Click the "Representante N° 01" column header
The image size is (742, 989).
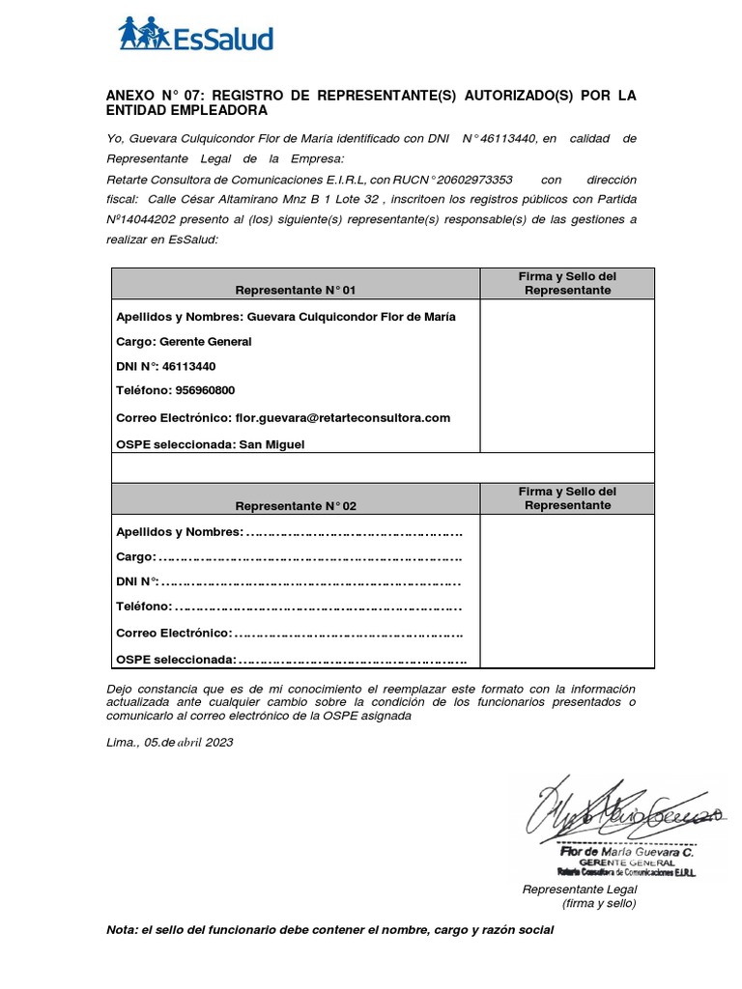296,290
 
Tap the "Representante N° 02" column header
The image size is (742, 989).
296,506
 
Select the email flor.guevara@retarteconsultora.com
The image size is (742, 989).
342,417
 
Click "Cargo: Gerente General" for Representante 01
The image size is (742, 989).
184,342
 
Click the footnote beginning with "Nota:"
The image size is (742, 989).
329,930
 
